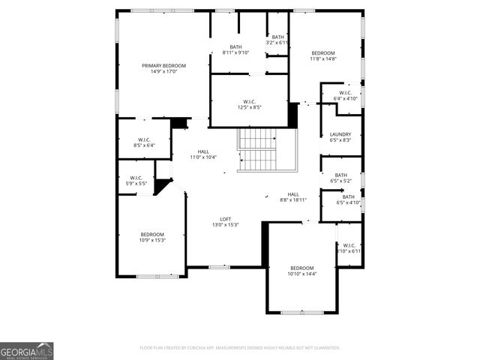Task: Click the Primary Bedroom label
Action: pyautogui.click(x=163, y=66)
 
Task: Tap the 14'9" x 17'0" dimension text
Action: pyautogui.click(x=163, y=72)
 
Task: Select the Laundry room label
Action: pyautogui.click(x=340, y=134)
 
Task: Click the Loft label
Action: pyautogui.click(x=225, y=218)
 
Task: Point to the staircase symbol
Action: pyautogui.click(x=257, y=148)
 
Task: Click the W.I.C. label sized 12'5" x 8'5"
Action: pyautogui.click(x=250, y=102)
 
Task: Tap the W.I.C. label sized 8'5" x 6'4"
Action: pyautogui.click(x=144, y=139)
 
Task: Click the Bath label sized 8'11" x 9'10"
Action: pyautogui.click(x=236, y=46)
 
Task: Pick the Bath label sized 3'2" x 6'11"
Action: pyautogui.click(x=278, y=37)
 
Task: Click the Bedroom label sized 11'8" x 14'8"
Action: pyautogui.click(x=323, y=52)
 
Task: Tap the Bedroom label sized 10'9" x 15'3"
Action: pyautogui.click(x=151, y=234)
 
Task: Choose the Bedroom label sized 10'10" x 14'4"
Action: pyautogui.click(x=302, y=268)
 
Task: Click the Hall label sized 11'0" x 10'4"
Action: pyautogui.click(x=203, y=151)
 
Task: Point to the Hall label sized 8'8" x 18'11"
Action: pyautogui.click(x=293, y=194)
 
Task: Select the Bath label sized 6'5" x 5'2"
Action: pyautogui.click(x=341, y=175)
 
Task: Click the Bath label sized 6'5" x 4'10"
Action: pyautogui.click(x=349, y=196)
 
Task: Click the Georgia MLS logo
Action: pyautogui.click(x=27, y=351)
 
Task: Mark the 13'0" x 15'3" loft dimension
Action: pyautogui.click(x=225, y=225)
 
